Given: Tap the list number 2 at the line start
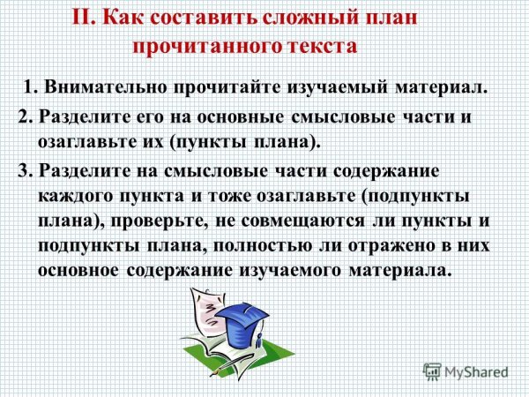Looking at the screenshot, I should pos(24,119).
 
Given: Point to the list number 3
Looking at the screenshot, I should pos(24,170).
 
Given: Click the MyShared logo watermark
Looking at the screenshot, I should pos(466,371).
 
